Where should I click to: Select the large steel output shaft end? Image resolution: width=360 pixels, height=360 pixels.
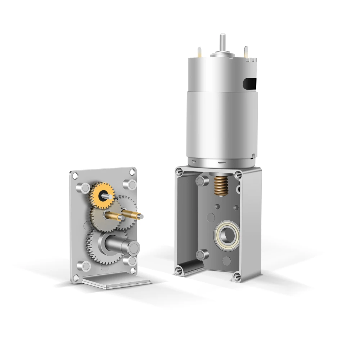[x=133, y=247]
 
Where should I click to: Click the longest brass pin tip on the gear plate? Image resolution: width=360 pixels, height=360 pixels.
[x=139, y=216]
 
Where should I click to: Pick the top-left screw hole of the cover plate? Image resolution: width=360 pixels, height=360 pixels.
[x=75, y=176]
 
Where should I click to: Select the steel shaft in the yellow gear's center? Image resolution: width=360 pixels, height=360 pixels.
[x=107, y=196]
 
